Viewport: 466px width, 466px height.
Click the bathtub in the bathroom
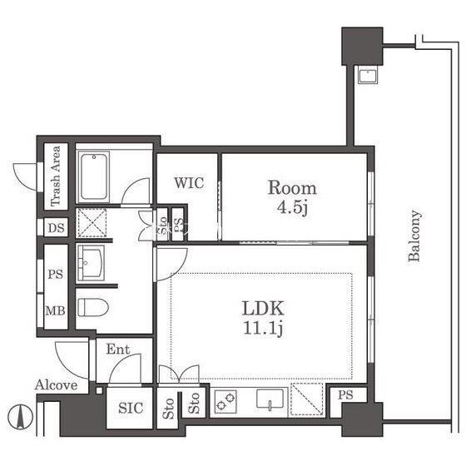pyautogui.click(x=93, y=176)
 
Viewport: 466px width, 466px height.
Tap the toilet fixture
pyautogui.click(x=93, y=307)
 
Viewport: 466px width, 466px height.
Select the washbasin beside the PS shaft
pyautogui.click(x=91, y=263)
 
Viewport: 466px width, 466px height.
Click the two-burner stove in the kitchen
pyautogui.click(x=226, y=401)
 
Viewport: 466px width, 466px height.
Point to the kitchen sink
pyautogui.click(x=270, y=400)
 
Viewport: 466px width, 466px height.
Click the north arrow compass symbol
pyautogui.click(x=20, y=417)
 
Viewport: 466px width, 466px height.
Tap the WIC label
pyautogui.click(x=189, y=183)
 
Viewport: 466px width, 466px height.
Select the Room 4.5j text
pyautogui.click(x=292, y=197)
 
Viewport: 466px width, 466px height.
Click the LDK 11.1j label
pyautogui.click(x=263, y=318)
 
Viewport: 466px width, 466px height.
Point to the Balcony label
pyautogui.click(x=414, y=235)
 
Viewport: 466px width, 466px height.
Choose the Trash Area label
pyautogui.click(x=56, y=176)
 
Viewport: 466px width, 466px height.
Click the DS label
pyautogui.click(x=57, y=228)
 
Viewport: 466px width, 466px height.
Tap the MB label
pyautogui.click(x=55, y=311)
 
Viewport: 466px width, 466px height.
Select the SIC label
pyautogui.click(x=131, y=408)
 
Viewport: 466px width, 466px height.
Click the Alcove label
pyautogui.click(x=57, y=384)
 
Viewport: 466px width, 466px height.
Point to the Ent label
pyautogui.click(x=118, y=349)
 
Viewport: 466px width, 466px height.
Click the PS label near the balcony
pyautogui.click(x=345, y=395)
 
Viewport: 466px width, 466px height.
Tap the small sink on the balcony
pyautogui.click(x=368, y=76)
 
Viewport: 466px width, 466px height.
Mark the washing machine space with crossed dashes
pyautogui.click(x=92, y=223)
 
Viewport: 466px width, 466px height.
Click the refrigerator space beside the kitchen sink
pyautogui.click(x=307, y=399)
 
